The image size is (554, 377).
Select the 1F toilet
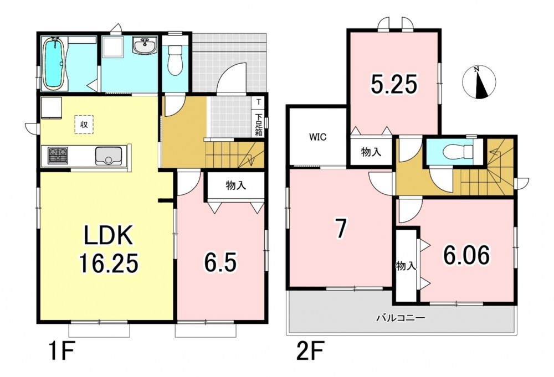174,61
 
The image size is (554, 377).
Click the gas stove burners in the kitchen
58,154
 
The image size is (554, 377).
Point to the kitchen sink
109,156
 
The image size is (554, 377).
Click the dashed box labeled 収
84,124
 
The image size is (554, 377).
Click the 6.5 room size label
220,262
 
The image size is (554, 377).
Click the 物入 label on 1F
236,185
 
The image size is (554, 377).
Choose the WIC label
318,137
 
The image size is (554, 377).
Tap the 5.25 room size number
394,84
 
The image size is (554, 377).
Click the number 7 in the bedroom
340,229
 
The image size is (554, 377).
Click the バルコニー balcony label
401,318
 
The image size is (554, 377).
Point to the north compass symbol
479,82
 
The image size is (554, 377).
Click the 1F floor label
61,350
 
